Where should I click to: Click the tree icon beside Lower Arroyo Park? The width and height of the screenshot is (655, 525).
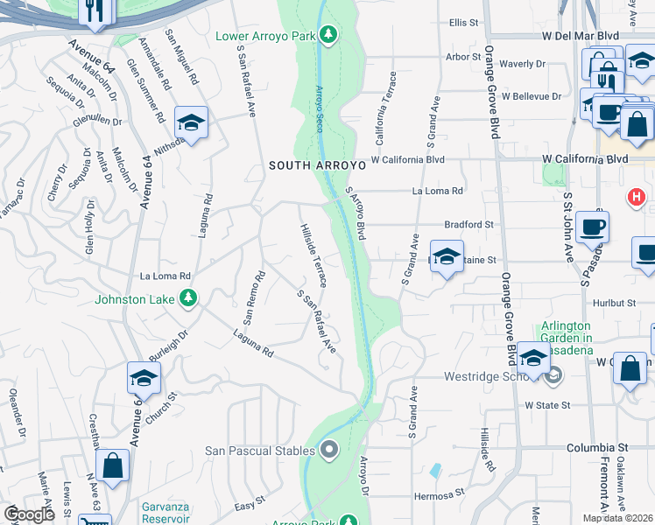point(328,34)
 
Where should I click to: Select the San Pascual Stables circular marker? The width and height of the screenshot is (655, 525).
point(329,451)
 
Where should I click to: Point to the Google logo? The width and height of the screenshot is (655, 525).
point(29,514)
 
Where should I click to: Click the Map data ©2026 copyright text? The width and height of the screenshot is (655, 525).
point(618,518)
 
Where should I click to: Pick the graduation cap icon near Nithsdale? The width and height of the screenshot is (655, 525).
point(190,123)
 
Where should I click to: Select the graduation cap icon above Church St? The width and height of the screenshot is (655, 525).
point(143,378)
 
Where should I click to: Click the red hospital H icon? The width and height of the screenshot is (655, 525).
point(637,199)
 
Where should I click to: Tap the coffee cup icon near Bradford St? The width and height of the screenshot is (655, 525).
point(592,227)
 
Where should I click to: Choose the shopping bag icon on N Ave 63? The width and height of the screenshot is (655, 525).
point(113,465)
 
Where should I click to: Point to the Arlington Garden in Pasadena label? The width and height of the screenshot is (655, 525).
point(566,338)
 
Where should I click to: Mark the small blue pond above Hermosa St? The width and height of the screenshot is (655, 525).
point(435,470)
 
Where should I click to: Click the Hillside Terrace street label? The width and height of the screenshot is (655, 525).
point(313,255)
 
